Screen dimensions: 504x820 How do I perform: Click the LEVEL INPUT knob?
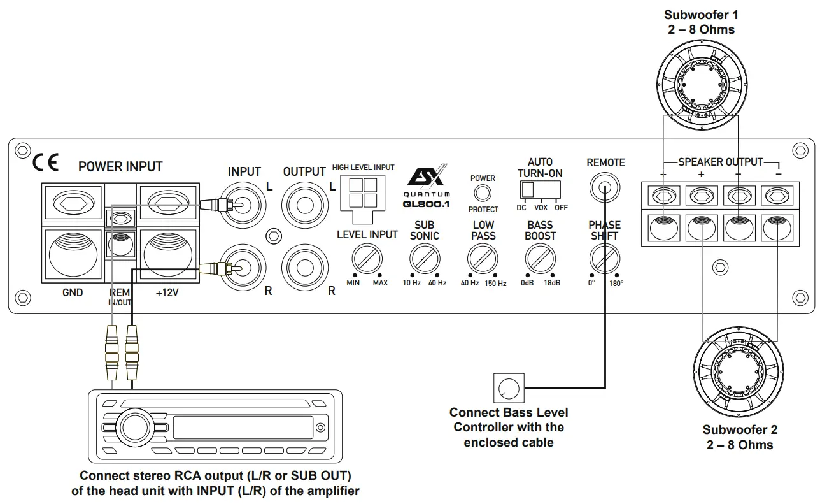point(367,259)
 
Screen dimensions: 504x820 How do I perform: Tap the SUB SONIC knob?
point(425,259)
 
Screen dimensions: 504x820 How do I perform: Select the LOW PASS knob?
point(483,259)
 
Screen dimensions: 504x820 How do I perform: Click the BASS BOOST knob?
point(541,259)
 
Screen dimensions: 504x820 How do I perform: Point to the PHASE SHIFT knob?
point(604,259)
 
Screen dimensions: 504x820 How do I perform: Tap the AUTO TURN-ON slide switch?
point(540,190)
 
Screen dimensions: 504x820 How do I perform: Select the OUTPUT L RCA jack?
point(304,205)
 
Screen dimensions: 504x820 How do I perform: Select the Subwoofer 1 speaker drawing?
point(700,83)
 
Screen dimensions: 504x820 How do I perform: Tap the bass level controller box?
point(509,388)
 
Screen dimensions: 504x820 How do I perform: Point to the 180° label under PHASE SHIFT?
point(616,284)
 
